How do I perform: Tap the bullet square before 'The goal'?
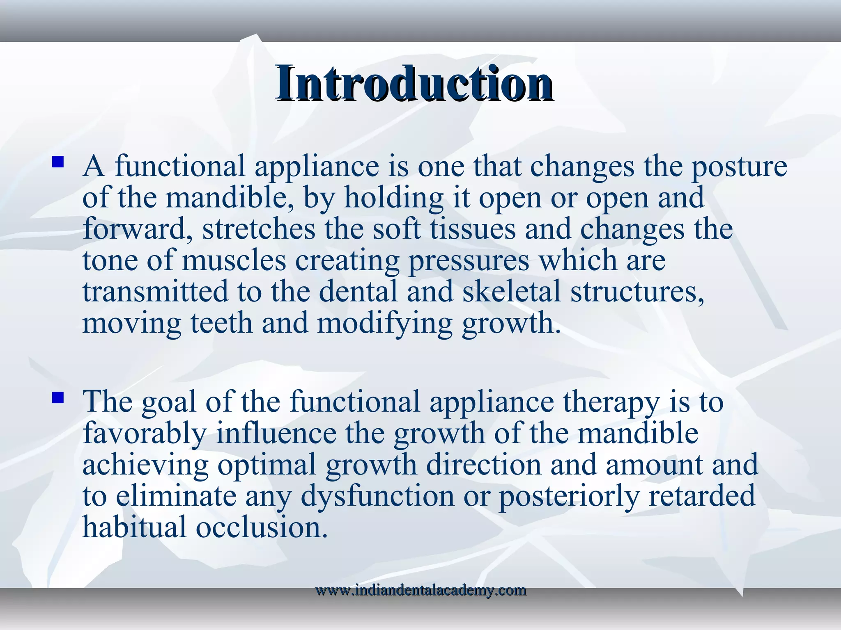(58, 397)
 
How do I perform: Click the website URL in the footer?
(420, 591)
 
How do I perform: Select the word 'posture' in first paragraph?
(739, 167)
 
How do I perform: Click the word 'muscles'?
(234, 261)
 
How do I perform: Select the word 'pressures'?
(469, 262)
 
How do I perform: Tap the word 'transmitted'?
(155, 292)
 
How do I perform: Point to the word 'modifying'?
(384, 324)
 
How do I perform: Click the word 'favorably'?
(144, 434)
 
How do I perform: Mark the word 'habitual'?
(134, 527)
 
